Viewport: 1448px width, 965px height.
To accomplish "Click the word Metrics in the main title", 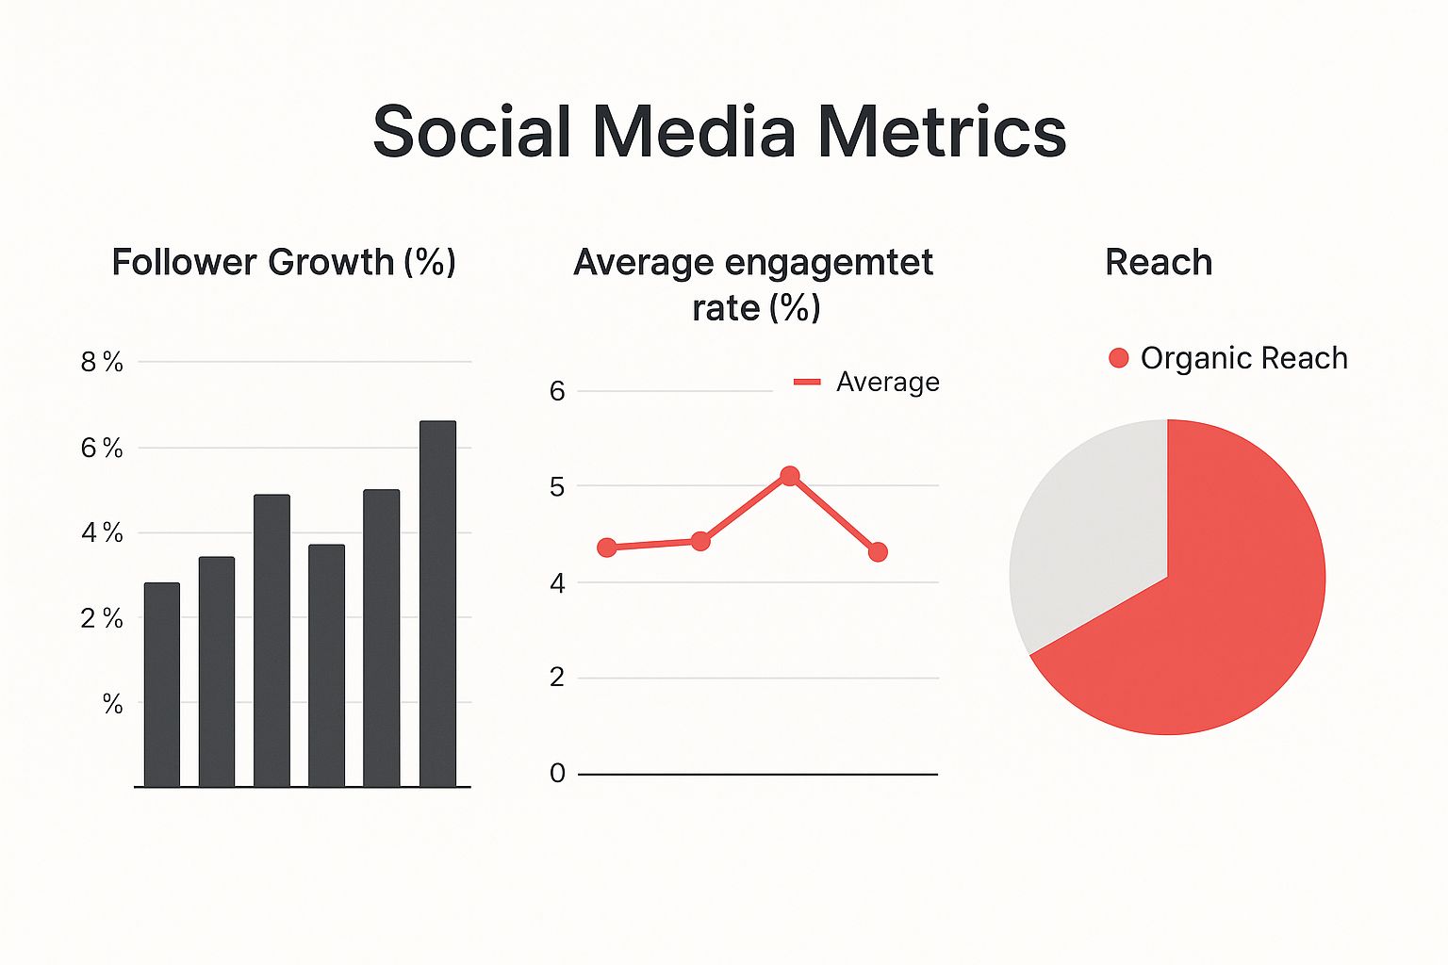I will [941, 131].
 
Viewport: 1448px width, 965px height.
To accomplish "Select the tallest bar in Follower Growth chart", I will [437, 603].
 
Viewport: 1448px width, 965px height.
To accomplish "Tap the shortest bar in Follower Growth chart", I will [162, 684].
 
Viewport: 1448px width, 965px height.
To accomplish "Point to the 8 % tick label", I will [102, 362].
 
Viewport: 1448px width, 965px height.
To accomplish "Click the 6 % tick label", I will [102, 448].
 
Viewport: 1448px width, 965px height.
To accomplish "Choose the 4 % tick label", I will [102, 533].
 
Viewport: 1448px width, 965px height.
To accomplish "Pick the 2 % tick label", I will [102, 618].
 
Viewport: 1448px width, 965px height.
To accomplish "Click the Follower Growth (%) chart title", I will [284, 262].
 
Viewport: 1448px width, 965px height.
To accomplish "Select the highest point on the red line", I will [790, 476].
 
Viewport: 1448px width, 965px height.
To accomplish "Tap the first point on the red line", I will [607, 548].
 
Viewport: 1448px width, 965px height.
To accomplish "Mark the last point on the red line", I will [878, 552].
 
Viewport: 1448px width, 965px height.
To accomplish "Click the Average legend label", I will [887, 382].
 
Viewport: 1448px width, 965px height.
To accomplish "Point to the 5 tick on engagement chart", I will [557, 486].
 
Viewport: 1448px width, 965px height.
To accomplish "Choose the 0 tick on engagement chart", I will [557, 774].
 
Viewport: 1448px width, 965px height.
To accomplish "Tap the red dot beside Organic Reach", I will [1119, 358].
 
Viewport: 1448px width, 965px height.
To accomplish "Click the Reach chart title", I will [1159, 262].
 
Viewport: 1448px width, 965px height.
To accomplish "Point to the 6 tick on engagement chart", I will [557, 390].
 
